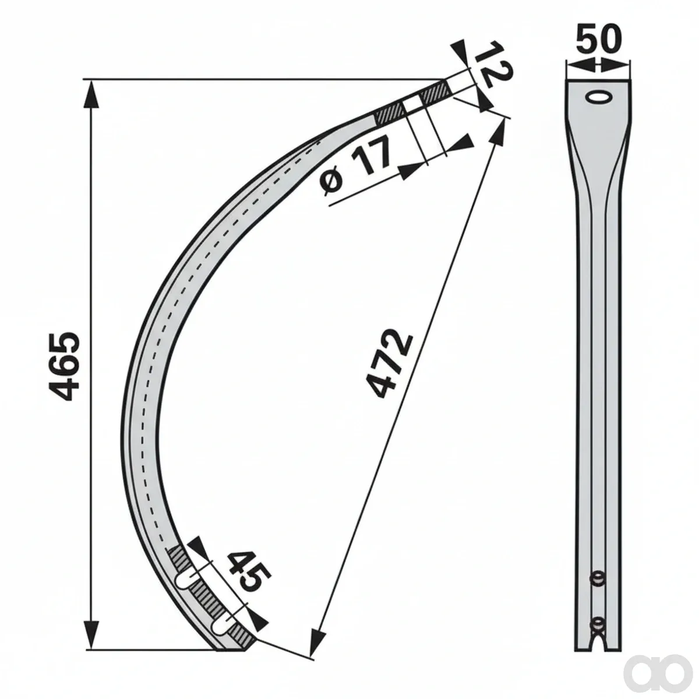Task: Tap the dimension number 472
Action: tap(389, 364)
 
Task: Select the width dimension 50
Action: tap(599, 39)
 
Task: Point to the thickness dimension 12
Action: tap(493, 64)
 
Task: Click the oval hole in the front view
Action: tap(599, 97)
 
